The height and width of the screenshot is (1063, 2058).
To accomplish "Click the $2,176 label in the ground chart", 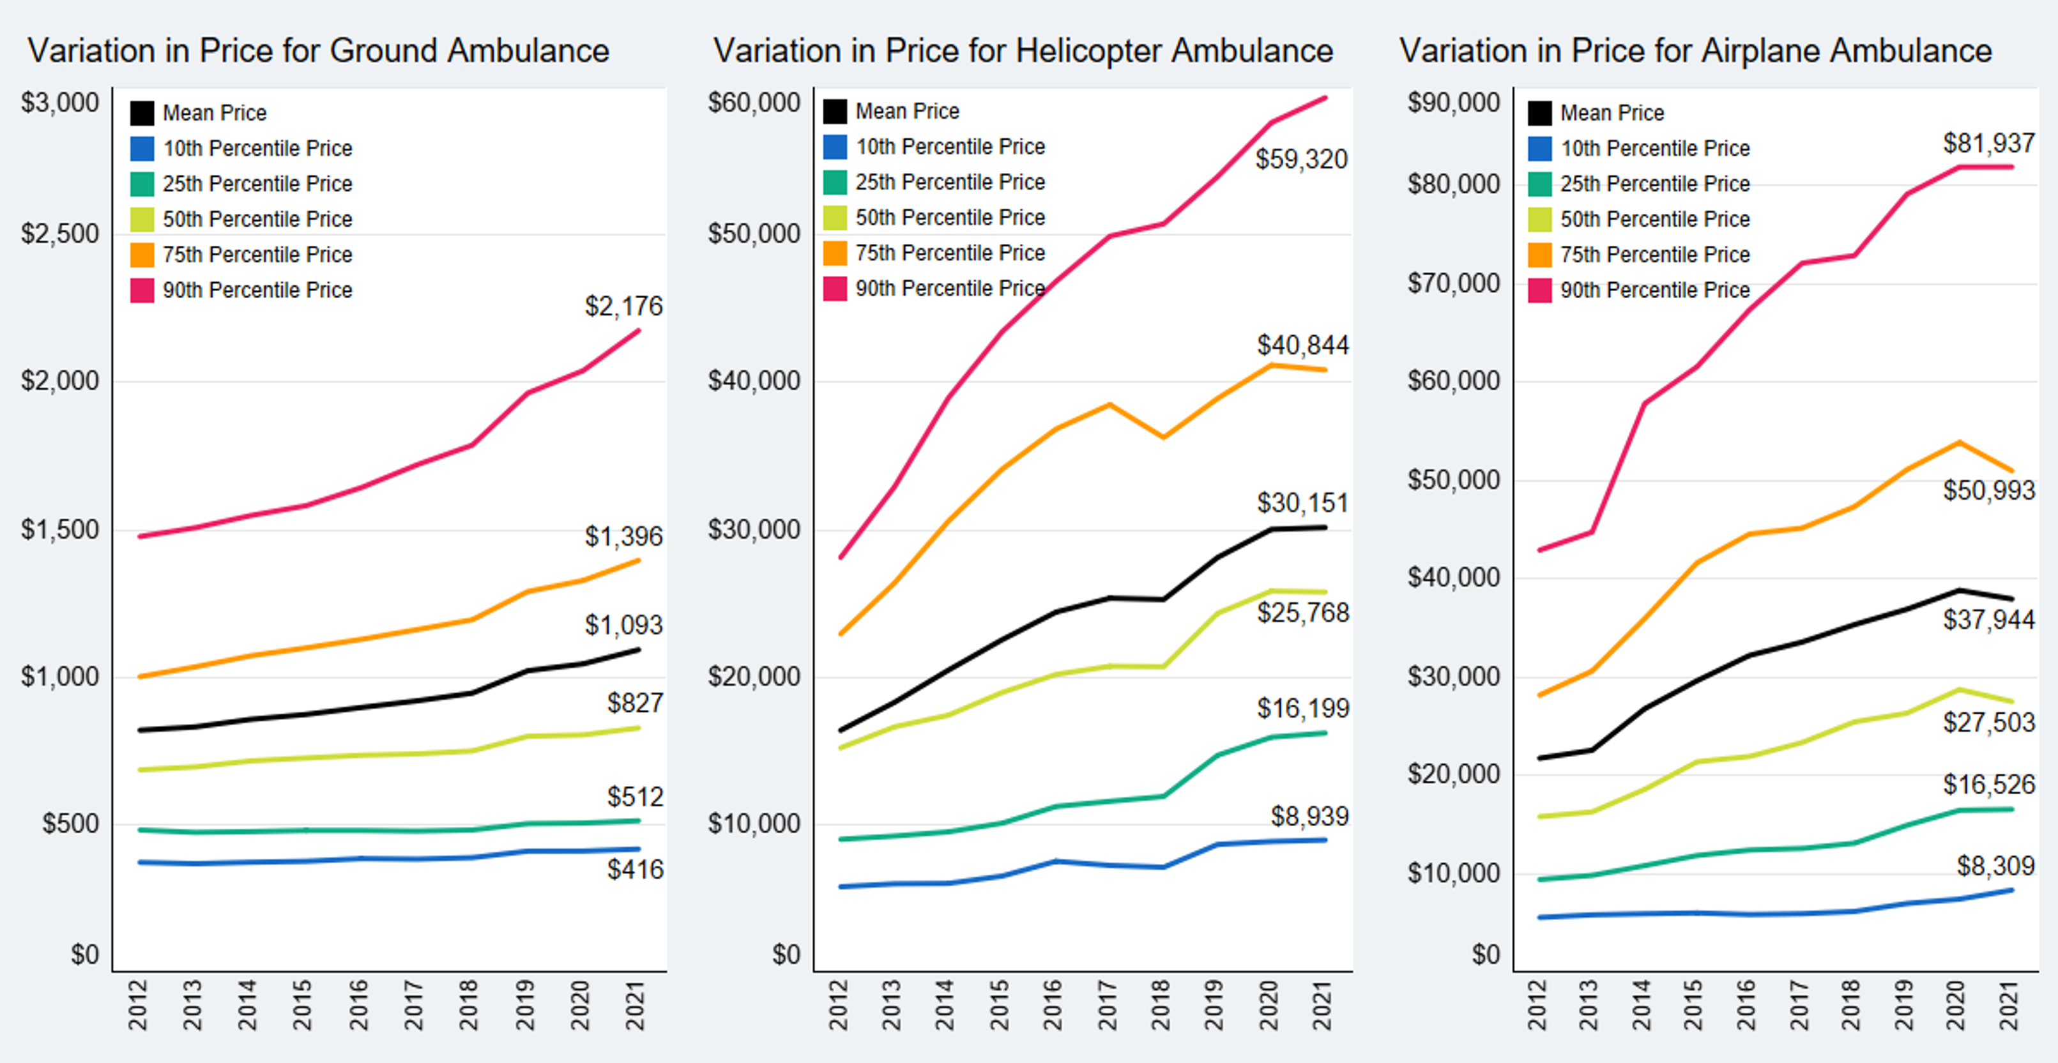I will [623, 306].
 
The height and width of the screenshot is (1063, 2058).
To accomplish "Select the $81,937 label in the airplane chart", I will [1988, 143].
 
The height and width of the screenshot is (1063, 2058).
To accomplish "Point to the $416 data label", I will [634, 869].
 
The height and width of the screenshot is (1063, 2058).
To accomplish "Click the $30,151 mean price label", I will [1302, 503].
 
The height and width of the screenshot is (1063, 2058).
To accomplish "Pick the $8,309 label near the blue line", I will [1995, 866].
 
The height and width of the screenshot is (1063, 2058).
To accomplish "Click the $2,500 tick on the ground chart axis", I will [60, 234].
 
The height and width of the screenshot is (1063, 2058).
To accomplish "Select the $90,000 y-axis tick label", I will [1453, 102].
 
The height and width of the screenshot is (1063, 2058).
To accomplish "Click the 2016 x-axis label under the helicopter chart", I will [1053, 1005].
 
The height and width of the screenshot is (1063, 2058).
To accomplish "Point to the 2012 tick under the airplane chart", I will [1537, 1005].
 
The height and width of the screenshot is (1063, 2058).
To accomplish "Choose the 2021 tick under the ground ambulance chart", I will [635, 1005].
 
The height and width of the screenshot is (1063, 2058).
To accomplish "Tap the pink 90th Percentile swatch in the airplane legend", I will [1539, 290].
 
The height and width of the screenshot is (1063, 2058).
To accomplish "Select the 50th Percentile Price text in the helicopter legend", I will [950, 217].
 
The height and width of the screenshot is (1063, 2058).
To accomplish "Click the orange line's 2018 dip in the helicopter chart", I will [1162, 437].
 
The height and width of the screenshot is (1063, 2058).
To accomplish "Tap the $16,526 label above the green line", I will [1988, 784].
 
